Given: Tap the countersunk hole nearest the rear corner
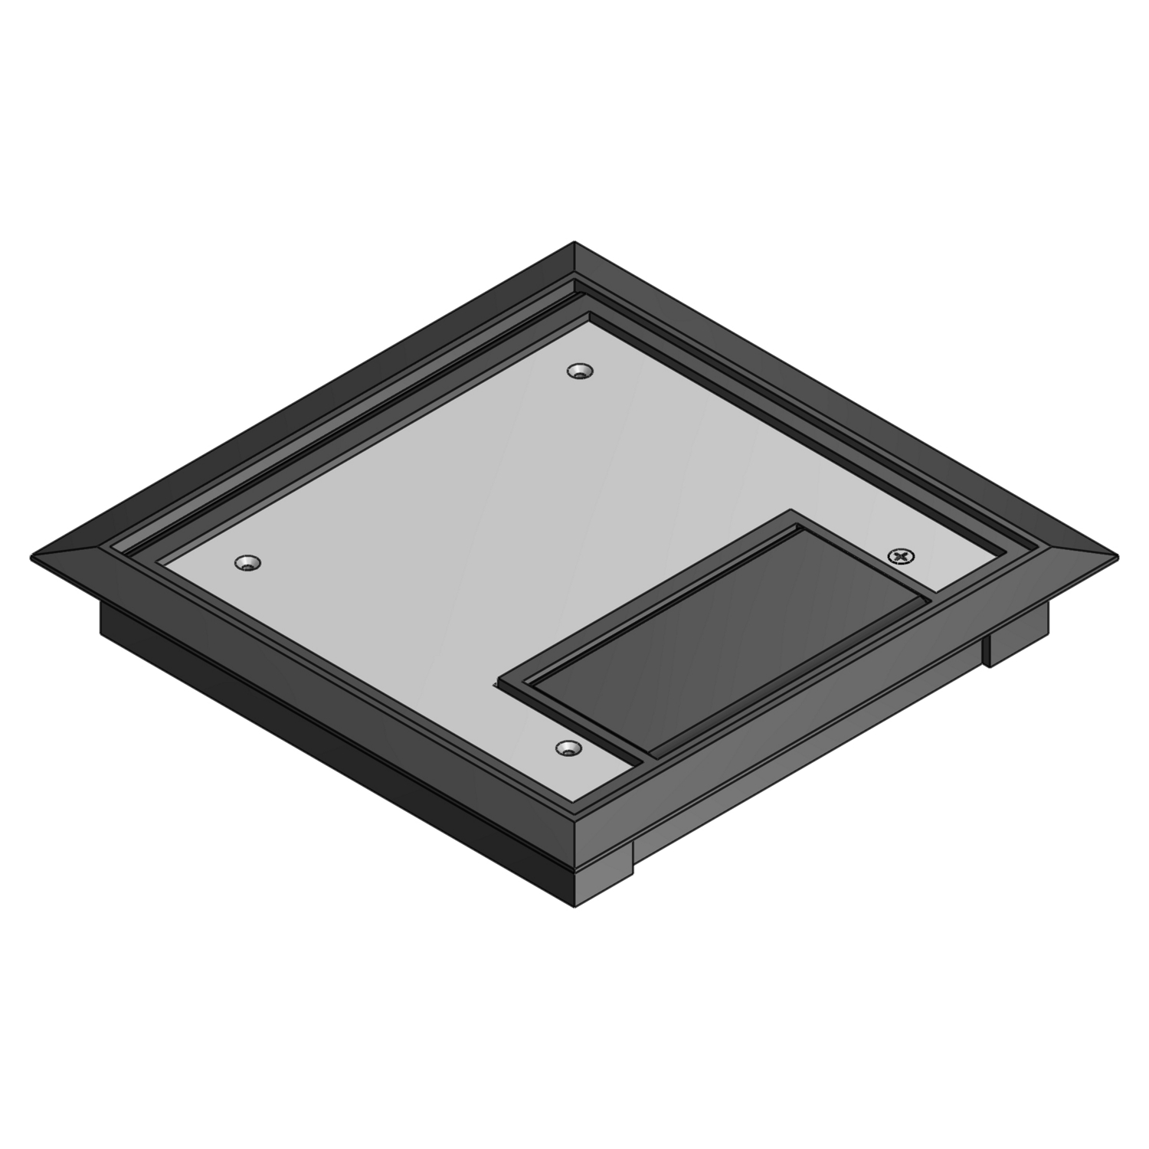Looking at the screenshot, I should point(581,372).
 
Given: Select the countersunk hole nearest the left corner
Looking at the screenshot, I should point(247,563).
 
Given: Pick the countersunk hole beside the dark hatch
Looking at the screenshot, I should point(568,748).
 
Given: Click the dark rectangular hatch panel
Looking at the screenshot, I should point(728,636).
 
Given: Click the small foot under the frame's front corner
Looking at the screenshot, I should point(605,873).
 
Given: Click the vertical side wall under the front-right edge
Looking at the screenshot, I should point(804,774).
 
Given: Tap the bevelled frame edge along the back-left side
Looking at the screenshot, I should point(306,398).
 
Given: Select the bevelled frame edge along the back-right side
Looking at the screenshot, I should point(843,398).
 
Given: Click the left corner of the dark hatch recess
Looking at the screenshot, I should point(499,679).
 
